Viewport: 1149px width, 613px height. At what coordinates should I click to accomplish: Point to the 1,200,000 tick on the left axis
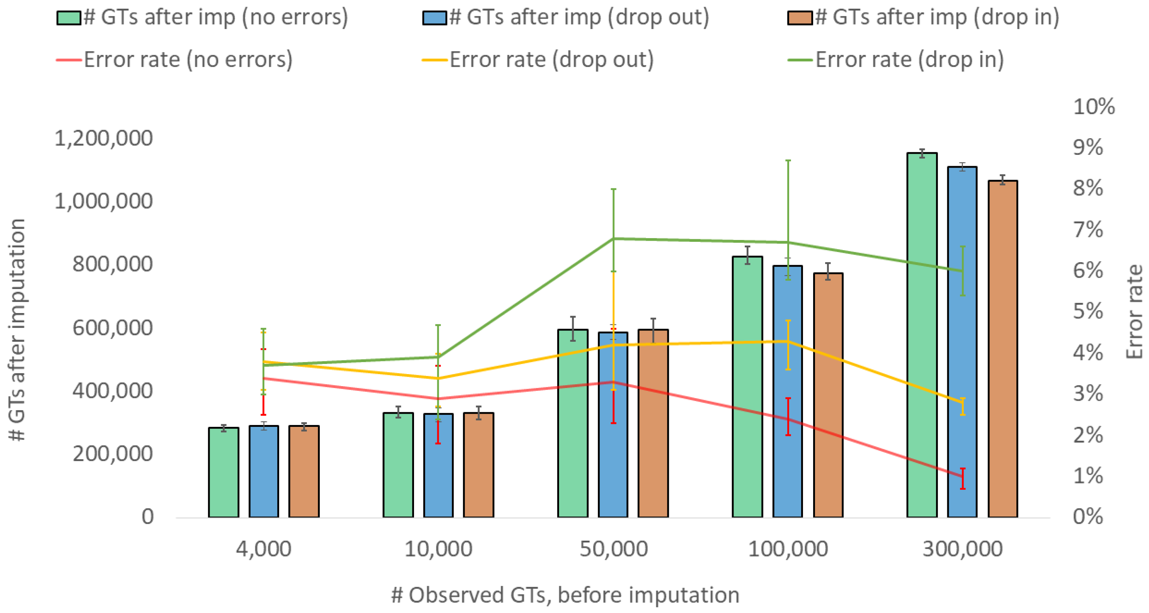pos(104,138)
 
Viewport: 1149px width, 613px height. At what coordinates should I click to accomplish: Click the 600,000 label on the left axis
pos(112,328)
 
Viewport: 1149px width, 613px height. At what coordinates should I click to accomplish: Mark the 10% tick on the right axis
pos(1094,107)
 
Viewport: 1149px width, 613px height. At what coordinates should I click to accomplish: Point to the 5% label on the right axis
pos(1088,311)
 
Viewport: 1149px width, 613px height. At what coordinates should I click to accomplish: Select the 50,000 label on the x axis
pos(613,549)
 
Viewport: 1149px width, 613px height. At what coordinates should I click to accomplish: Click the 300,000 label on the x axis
pos(962,549)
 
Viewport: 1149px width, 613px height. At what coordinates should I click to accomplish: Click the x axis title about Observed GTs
pos(565,595)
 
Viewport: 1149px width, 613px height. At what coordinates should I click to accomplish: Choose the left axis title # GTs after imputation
pos(17,330)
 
